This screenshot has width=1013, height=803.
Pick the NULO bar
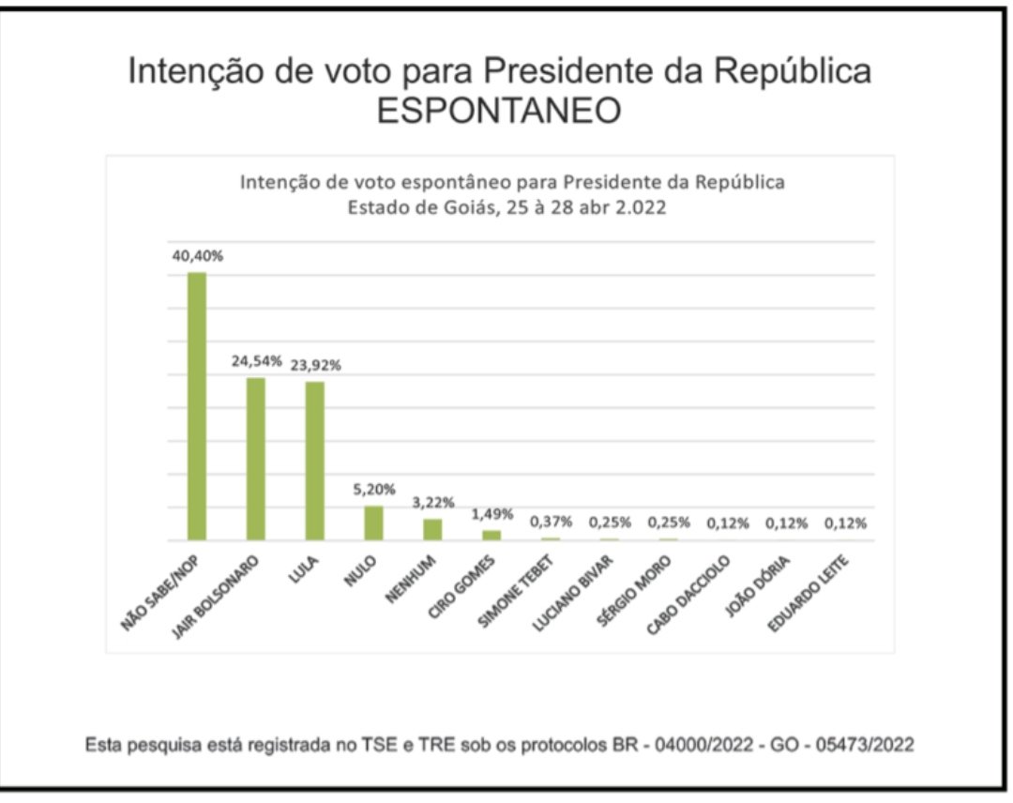pyautogui.click(x=373, y=523)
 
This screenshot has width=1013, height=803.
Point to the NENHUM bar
pyautogui.click(x=432, y=529)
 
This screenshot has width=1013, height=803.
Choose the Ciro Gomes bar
pyautogui.click(x=491, y=535)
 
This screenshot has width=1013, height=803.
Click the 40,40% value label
pyautogui.click(x=197, y=255)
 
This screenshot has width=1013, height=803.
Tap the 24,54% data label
pyautogui.click(x=256, y=360)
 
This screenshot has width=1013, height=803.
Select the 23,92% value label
pyautogui.click(x=315, y=365)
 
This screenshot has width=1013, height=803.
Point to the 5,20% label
pyautogui.click(x=374, y=489)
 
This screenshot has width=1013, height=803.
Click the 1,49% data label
pyautogui.click(x=491, y=513)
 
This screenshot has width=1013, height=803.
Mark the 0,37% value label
pyautogui.click(x=551, y=522)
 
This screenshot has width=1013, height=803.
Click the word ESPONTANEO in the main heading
pyautogui.click(x=498, y=111)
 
